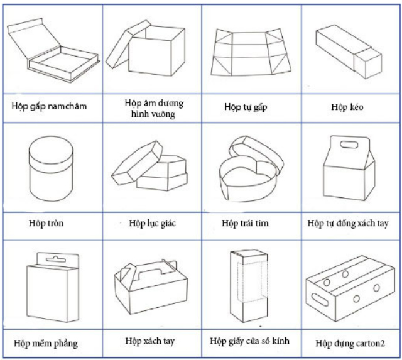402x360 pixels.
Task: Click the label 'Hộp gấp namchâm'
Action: click(x=49, y=106)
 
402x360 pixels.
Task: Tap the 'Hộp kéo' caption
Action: click(x=347, y=107)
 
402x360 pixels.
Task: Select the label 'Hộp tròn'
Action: click(x=46, y=223)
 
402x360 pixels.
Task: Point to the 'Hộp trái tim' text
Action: click(x=246, y=223)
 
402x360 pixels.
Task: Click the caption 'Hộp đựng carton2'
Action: click(x=350, y=343)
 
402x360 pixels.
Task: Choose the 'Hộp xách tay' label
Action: click(x=150, y=341)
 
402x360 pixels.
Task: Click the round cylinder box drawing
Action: click(x=51, y=168)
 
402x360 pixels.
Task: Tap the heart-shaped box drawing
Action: click(x=251, y=168)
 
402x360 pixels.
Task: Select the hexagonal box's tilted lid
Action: click(x=137, y=163)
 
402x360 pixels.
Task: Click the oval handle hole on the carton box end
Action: click(x=320, y=299)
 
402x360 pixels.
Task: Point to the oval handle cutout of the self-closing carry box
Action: click(x=349, y=145)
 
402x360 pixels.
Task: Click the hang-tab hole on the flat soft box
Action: click(x=56, y=259)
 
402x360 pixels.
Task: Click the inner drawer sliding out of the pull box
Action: click(x=368, y=63)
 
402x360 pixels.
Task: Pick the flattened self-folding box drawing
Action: click(x=251, y=52)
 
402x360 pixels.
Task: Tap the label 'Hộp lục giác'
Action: click(x=152, y=223)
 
